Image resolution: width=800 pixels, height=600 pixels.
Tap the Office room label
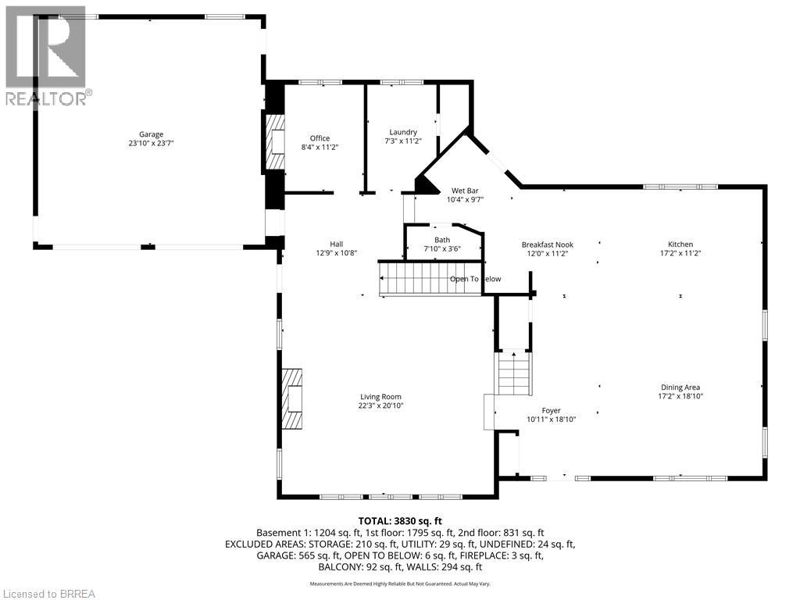pyautogui.click(x=320, y=138)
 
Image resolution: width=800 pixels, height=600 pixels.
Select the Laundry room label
pyautogui.click(x=403, y=132)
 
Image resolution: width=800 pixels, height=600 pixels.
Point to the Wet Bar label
pyautogui.click(x=465, y=191)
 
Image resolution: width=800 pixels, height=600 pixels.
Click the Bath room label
pyautogui.click(x=442, y=240)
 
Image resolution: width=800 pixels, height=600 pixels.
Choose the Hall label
pyautogui.click(x=336, y=244)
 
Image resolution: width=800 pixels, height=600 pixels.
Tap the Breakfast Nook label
pyautogui.click(x=545, y=245)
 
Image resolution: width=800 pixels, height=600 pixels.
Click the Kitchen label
pyautogui.click(x=680, y=245)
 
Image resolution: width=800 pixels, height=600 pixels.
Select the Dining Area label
pyautogui.click(x=680, y=387)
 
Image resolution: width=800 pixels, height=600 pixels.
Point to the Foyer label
pyautogui.click(x=551, y=411)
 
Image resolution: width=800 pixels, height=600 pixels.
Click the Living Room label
pyautogui.click(x=380, y=397)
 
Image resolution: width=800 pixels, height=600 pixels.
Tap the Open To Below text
pyautogui.click(x=475, y=279)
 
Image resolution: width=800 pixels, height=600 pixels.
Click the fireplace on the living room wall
pyautogui.click(x=294, y=400)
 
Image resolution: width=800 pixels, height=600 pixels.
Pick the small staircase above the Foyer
pyautogui.click(x=514, y=373)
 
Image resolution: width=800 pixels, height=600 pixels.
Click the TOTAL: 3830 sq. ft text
pyautogui.click(x=400, y=520)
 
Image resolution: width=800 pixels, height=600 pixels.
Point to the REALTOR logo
pyautogui.click(x=47, y=55)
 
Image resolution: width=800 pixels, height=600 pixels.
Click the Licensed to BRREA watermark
pyautogui.click(x=48, y=593)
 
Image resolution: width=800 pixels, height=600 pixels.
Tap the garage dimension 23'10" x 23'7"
pyautogui.click(x=152, y=144)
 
